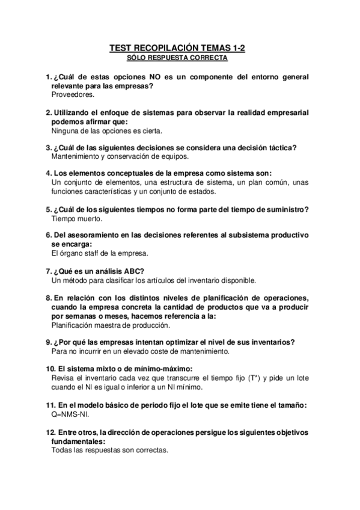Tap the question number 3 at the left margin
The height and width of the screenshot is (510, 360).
48,147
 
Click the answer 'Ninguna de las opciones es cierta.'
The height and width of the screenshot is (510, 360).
107,130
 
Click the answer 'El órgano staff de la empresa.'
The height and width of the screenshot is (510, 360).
100,253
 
